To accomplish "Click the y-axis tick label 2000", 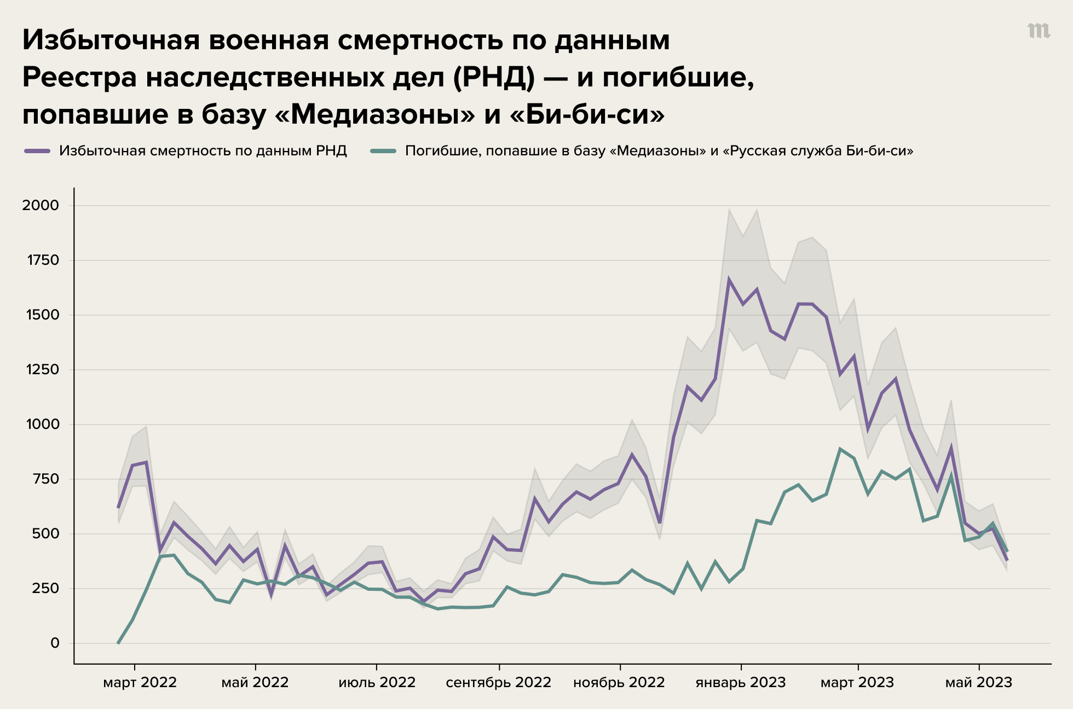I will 40,206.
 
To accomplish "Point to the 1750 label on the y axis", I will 43,260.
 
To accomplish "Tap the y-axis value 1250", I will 42,370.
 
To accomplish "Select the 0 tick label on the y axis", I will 55,643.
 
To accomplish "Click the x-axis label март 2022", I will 140,683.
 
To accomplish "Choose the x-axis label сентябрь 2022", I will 498,683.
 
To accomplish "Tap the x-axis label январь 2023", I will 740,683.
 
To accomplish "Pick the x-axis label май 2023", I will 979,683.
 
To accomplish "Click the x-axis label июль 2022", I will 377,683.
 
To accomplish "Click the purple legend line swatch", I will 37,151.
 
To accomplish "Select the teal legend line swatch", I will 383,151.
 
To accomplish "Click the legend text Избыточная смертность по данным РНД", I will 203,151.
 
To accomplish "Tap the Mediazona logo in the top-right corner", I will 1039,31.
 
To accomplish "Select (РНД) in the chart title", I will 494,77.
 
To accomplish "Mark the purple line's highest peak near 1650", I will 729,280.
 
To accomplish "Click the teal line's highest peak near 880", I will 840,449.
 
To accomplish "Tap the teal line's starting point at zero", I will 118,643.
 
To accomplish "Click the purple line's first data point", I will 118,507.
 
